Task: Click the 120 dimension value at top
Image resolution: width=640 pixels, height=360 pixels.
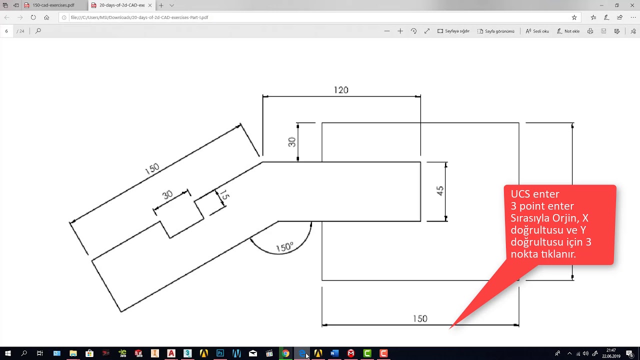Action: pyautogui.click(x=341, y=90)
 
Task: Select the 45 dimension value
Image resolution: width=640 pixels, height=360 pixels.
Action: pyautogui.click(x=440, y=190)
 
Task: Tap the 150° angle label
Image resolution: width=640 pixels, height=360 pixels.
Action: pyautogui.click(x=284, y=247)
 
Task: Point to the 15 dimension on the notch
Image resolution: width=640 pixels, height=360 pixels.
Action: pyautogui.click(x=224, y=195)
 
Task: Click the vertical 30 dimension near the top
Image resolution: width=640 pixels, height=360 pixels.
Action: pyautogui.click(x=292, y=142)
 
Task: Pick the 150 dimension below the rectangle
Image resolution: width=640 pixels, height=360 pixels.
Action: pyautogui.click(x=420, y=318)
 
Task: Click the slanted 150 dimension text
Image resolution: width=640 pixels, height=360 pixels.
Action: pyautogui.click(x=152, y=169)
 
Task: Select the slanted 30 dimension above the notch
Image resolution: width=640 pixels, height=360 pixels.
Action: pyautogui.click(x=167, y=195)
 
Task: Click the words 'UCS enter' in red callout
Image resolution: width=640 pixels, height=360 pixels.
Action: pyautogui.click(x=535, y=194)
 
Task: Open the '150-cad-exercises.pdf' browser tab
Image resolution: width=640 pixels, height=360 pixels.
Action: pyautogui.click(x=53, y=5)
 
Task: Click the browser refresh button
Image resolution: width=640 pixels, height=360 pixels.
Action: pyautogui.click(x=33, y=17)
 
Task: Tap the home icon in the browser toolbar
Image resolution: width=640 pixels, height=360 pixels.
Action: pyautogui.click(x=46, y=17)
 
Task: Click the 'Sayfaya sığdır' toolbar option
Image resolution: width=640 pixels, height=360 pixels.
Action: pyautogui.click(x=453, y=31)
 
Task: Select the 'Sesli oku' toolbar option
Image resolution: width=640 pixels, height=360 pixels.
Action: pyautogui.click(x=537, y=31)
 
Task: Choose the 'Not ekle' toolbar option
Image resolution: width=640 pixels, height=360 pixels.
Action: pyautogui.click(x=568, y=31)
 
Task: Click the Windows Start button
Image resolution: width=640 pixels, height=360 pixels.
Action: pyautogui.click(x=8, y=353)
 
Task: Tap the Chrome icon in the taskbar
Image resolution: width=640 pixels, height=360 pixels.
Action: pyautogui.click(x=285, y=353)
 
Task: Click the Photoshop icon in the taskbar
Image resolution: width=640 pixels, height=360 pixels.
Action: pyautogui.click(x=220, y=353)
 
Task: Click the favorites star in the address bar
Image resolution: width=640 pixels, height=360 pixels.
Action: pyautogui.click(x=574, y=17)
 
